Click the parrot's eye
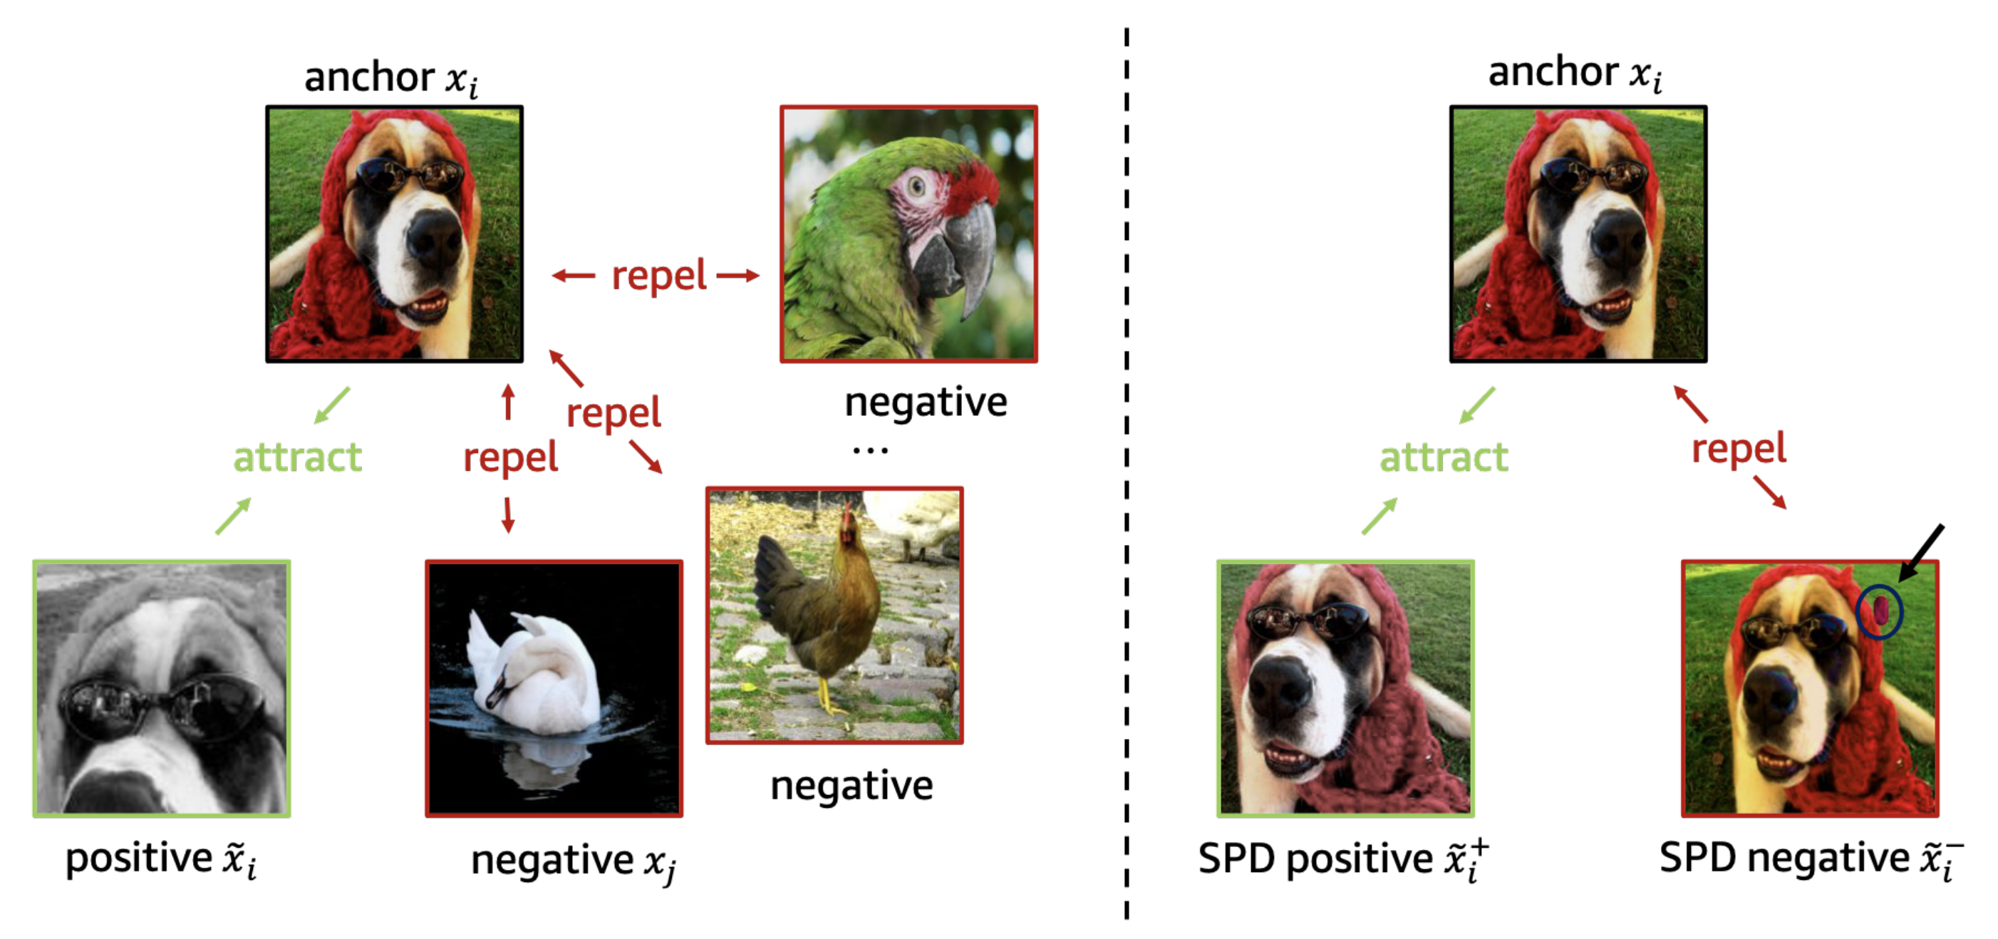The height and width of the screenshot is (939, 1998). click(918, 186)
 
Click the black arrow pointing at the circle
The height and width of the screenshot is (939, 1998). click(1921, 553)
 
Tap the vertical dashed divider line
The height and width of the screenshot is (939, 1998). click(1127, 473)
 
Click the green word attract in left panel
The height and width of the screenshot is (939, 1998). click(298, 457)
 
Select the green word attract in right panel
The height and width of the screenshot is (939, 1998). click(1444, 457)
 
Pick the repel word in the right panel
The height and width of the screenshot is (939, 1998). click(1739, 449)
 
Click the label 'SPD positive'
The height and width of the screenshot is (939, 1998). click(1315, 858)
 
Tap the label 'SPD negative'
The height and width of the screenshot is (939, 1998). click(1784, 858)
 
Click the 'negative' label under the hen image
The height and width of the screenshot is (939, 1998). click(852, 787)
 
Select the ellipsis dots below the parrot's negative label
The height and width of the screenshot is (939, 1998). click(870, 450)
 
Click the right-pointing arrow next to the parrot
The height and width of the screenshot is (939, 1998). click(737, 275)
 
